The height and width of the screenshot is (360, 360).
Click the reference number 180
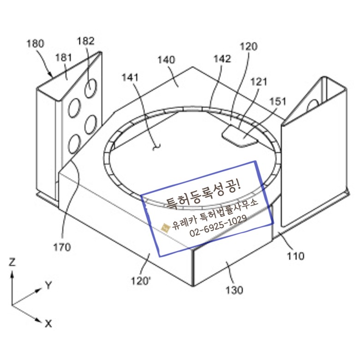click(36, 44)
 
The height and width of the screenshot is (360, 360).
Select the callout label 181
click(63, 57)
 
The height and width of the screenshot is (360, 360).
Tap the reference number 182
click(86, 41)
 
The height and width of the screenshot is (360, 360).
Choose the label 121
click(259, 82)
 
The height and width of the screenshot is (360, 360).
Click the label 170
click(62, 247)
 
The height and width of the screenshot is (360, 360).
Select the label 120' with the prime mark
click(141, 281)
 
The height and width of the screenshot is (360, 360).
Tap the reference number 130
click(234, 290)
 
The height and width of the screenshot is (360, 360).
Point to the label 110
click(295, 256)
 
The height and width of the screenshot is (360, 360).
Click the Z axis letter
click(12, 262)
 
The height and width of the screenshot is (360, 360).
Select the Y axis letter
click(48, 285)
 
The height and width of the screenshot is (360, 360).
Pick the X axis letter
click(48, 323)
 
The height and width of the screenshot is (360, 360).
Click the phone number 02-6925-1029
click(216, 225)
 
